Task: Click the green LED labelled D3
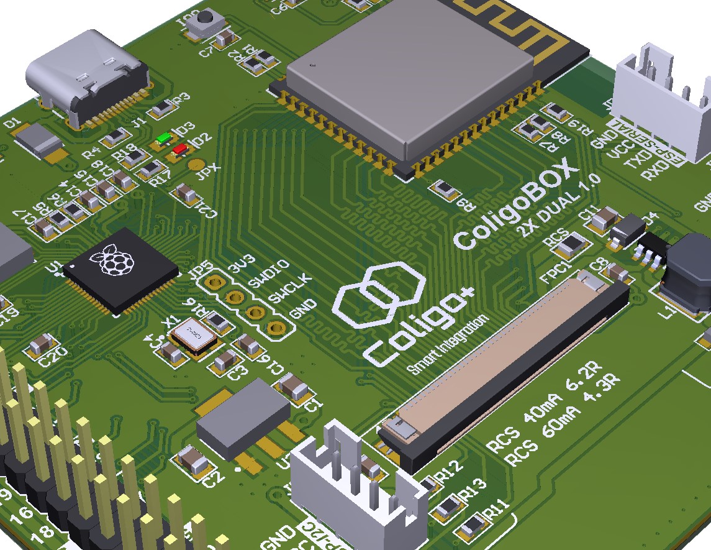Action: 164,138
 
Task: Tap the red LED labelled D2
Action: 180,149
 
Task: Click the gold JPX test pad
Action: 197,165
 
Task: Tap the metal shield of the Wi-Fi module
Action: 410,75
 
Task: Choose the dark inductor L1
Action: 687,273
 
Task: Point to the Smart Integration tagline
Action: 447,345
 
